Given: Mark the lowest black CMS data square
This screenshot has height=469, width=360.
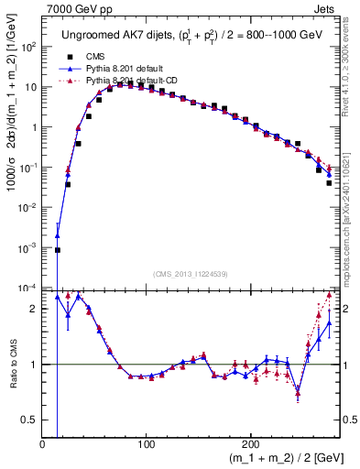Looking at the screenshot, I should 57,249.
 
